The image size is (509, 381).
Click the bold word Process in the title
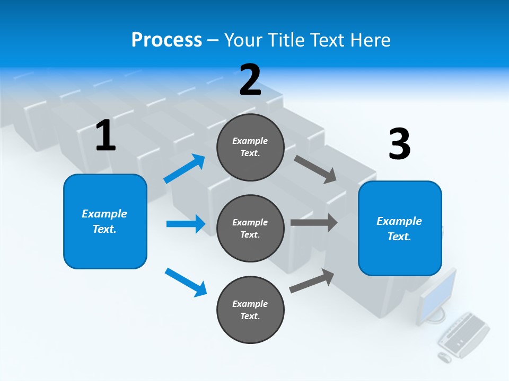[x=166, y=40]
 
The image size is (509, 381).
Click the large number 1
[x=106, y=135]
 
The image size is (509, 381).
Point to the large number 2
[x=250, y=79]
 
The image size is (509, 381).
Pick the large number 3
[x=400, y=143]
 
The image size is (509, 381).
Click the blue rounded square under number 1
[x=105, y=221]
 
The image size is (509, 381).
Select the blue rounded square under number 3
[x=400, y=229]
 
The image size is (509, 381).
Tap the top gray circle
[x=250, y=147]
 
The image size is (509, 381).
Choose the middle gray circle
[x=250, y=229]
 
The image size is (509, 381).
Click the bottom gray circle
[x=250, y=310]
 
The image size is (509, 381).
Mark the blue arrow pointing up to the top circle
[x=185, y=168]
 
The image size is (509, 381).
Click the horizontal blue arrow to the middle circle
[x=186, y=224]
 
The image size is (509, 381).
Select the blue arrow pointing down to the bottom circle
[x=186, y=283]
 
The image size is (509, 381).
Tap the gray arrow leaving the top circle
[x=315, y=169]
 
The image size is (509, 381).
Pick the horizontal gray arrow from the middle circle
[x=314, y=223]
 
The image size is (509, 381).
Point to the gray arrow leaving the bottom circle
[x=312, y=281]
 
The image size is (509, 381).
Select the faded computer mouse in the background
[x=444, y=357]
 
